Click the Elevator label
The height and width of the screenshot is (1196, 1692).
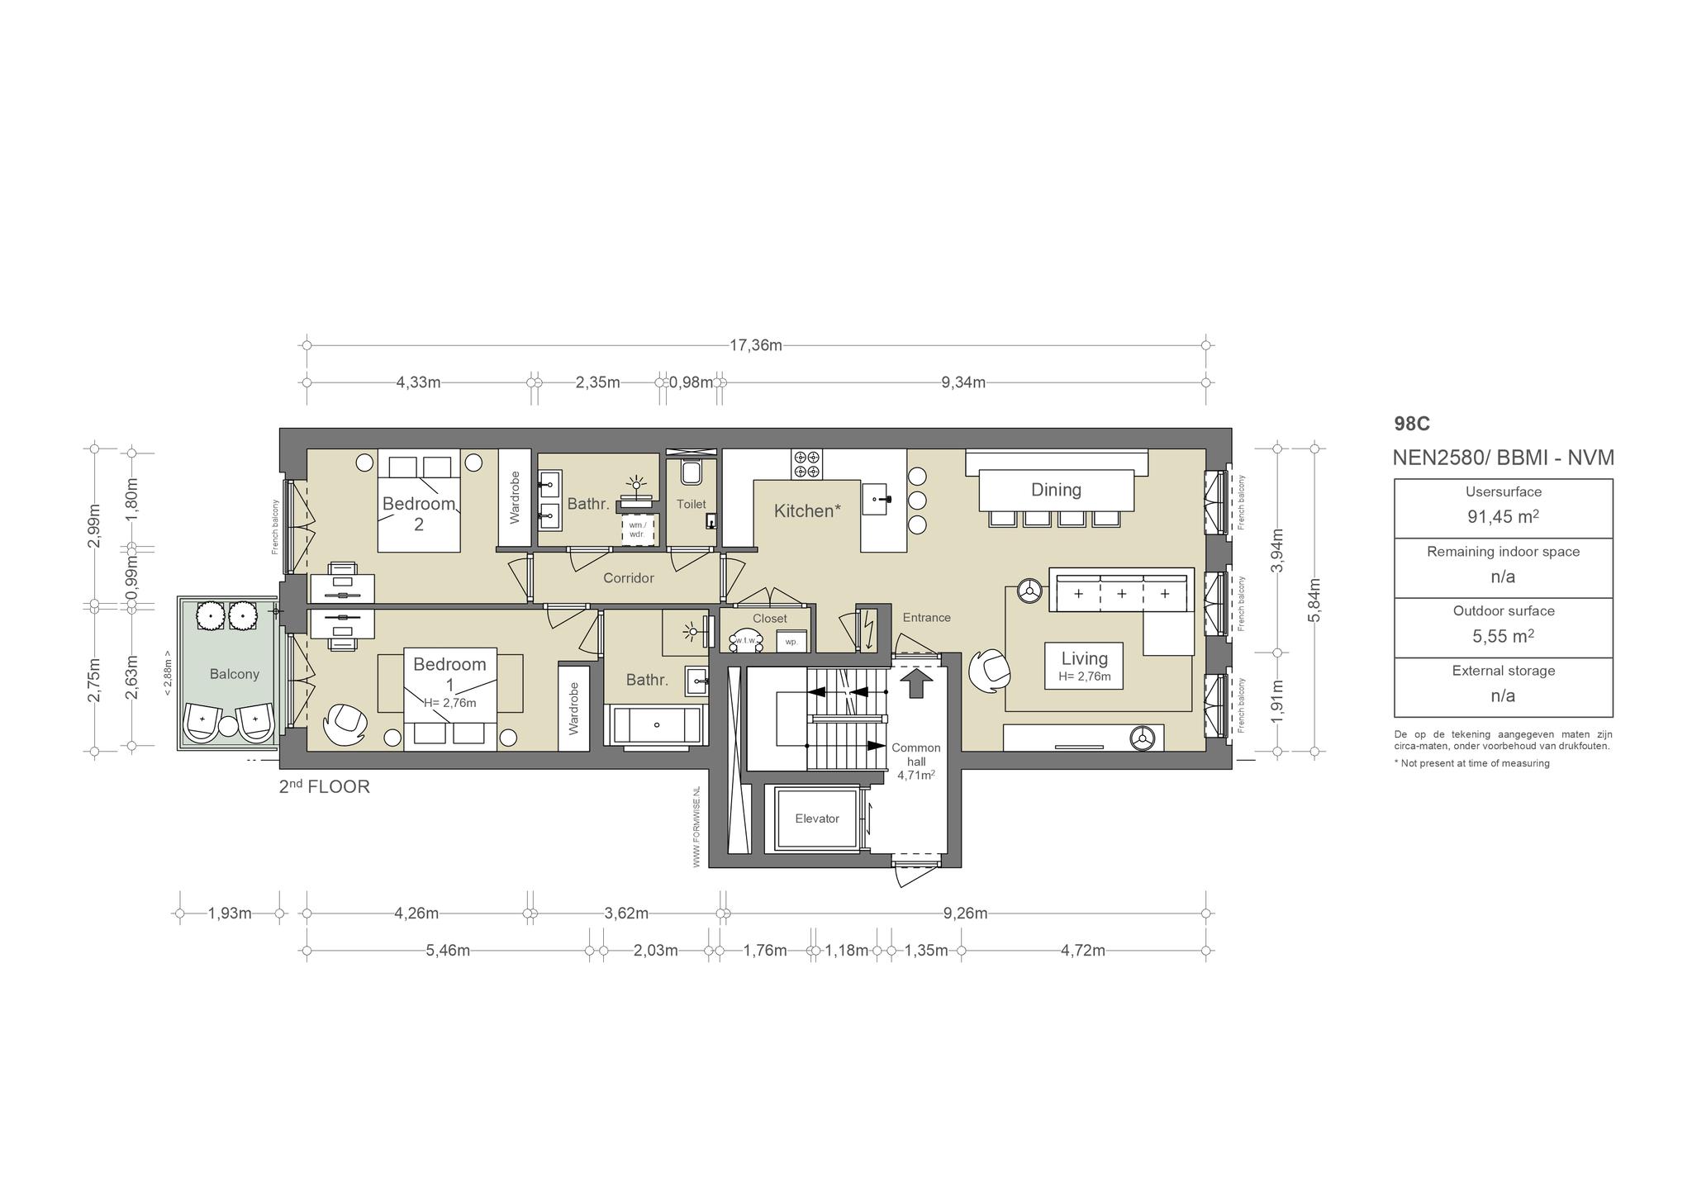tap(817, 819)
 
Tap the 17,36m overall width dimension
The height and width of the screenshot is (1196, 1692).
tap(755, 345)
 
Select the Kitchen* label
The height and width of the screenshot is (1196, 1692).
tap(807, 510)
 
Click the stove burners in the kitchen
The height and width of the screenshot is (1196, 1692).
tap(806, 463)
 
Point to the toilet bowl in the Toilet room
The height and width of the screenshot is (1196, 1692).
tap(691, 472)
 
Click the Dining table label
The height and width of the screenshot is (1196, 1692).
tap(1056, 490)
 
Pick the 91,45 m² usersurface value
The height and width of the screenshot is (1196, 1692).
tap(1503, 517)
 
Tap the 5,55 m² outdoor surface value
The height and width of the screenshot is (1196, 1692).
tap(1503, 636)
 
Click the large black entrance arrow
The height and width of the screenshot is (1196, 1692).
tap(915, 682)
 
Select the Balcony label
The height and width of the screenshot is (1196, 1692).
tap(235, 674)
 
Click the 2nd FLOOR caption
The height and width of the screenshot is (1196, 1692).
tap(324, 786)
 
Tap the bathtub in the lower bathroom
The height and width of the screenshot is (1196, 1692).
tap(656, 726)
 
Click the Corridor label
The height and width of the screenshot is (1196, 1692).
tap(629, 578)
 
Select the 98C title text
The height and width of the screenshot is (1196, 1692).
tap(1412, 424)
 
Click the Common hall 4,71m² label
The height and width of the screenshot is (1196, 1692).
tap(915, 762)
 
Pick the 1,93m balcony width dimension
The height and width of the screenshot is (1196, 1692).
tap(230, 914)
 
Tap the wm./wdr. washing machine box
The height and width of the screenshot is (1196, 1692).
tap(637, 529)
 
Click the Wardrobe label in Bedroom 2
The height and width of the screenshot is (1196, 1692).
tap(515, 497)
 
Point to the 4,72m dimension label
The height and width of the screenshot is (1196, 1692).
tap(1082, 951)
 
